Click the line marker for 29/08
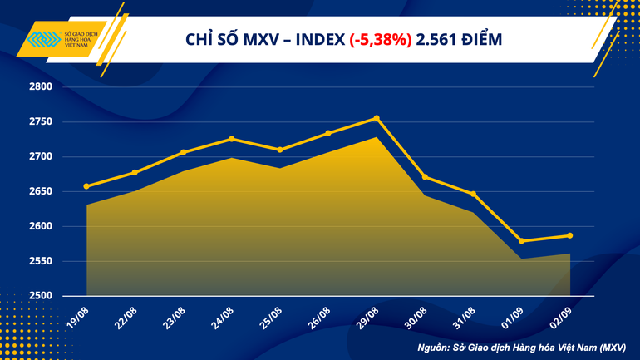377,118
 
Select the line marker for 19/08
86,186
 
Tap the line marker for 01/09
521,241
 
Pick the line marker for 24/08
231,139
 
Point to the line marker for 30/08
425,177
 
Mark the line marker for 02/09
569,235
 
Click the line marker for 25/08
280,150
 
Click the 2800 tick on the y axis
40,87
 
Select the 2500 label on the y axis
40,296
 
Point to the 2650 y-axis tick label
40,192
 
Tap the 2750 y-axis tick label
40,122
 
